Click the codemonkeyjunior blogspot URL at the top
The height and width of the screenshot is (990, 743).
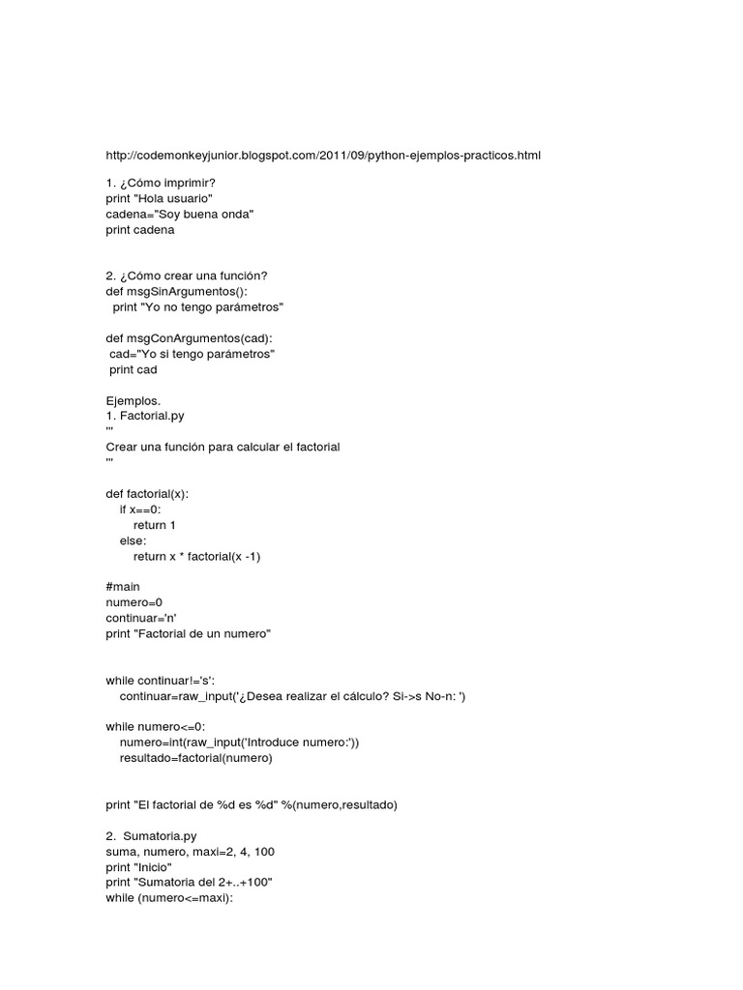(324, 155)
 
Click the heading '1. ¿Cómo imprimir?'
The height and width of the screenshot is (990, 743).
(161, 183)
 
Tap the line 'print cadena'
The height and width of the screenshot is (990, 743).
(141, 230)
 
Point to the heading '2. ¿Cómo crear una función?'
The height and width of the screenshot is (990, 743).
(187, 276)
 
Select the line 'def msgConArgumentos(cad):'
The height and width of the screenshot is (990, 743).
(189, 338)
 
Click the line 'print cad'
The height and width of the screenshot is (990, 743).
(134, 369)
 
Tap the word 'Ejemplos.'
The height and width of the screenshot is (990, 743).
(134, 400)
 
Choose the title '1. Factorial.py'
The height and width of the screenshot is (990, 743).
(145, 416)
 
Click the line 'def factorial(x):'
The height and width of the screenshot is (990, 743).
(148, 493)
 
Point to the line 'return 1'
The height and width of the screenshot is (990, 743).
(155, 525)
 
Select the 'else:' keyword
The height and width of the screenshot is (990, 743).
(134, 540)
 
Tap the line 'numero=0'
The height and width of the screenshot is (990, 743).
(134, 602)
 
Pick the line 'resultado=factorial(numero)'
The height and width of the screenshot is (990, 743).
(196, 758)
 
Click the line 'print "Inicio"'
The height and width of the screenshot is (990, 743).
(139, 867)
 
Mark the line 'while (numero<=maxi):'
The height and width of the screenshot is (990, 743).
(170, 898)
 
